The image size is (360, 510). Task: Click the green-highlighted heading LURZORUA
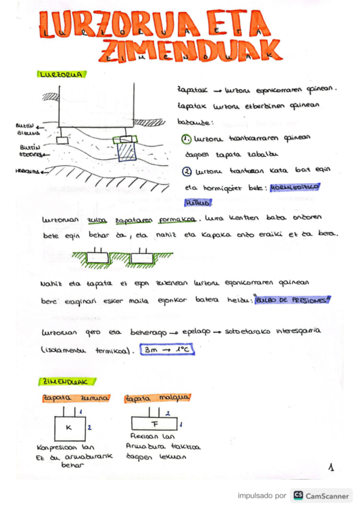(x=60, y=75)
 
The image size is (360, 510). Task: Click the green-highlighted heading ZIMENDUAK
(x=63, y=381)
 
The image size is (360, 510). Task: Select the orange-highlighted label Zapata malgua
(x=157, y=398)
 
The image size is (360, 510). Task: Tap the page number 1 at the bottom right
(x=331, y=467)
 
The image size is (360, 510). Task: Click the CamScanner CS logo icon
(x=297, y=496)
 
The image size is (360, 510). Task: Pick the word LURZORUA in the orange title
(x=107, y=25)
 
